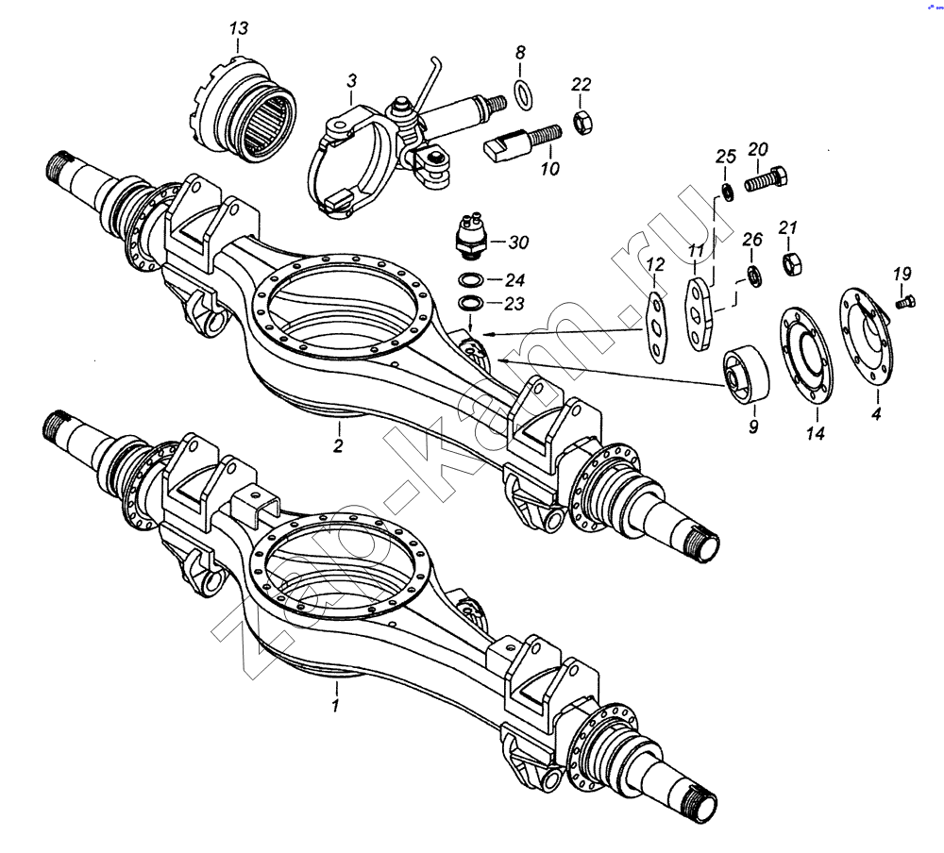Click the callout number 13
pyautogui.click(x=239, y=28)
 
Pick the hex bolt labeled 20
pyautogui.click(x=765, y=178)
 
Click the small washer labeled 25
pyautogui.click(x=727, y=192)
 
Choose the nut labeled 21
pyautogui.click(x=791, y=261)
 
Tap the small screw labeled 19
pyautogui.click(x=902, y=302)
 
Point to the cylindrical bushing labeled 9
pyautogui.click(x=746, y=374)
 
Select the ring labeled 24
pyautogui.click(x=470, y=280)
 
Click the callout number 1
pyautogui.click(x=335, y=704)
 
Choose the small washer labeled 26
pyautogui.click(x=754, y=276)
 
